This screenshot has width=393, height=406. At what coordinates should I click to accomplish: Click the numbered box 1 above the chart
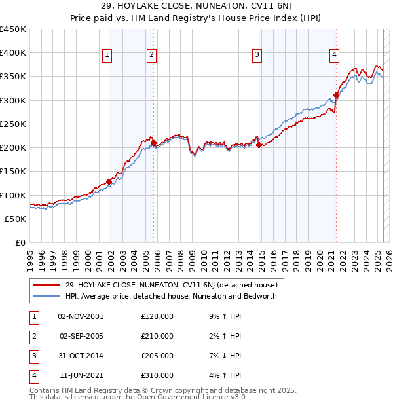click(x=107, y=56)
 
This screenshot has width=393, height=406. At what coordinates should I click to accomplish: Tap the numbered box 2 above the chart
click(x=151, y=56)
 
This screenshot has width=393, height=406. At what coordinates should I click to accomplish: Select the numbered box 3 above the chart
click(x=257, y=56)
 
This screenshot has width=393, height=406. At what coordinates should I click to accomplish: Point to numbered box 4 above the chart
click(x=334, y=56)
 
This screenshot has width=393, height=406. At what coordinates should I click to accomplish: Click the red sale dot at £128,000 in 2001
click(x=109, y=181)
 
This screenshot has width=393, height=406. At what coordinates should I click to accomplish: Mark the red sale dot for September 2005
click(x=153, y=143)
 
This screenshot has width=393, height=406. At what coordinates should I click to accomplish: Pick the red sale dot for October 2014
click(x=259, y=145)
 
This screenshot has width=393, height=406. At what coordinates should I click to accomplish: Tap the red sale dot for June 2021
click(x=336, y=95)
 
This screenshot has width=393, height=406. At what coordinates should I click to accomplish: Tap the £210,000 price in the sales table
click(x=157, y=336)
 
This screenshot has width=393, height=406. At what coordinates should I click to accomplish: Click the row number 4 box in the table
click(x=33, y=375)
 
